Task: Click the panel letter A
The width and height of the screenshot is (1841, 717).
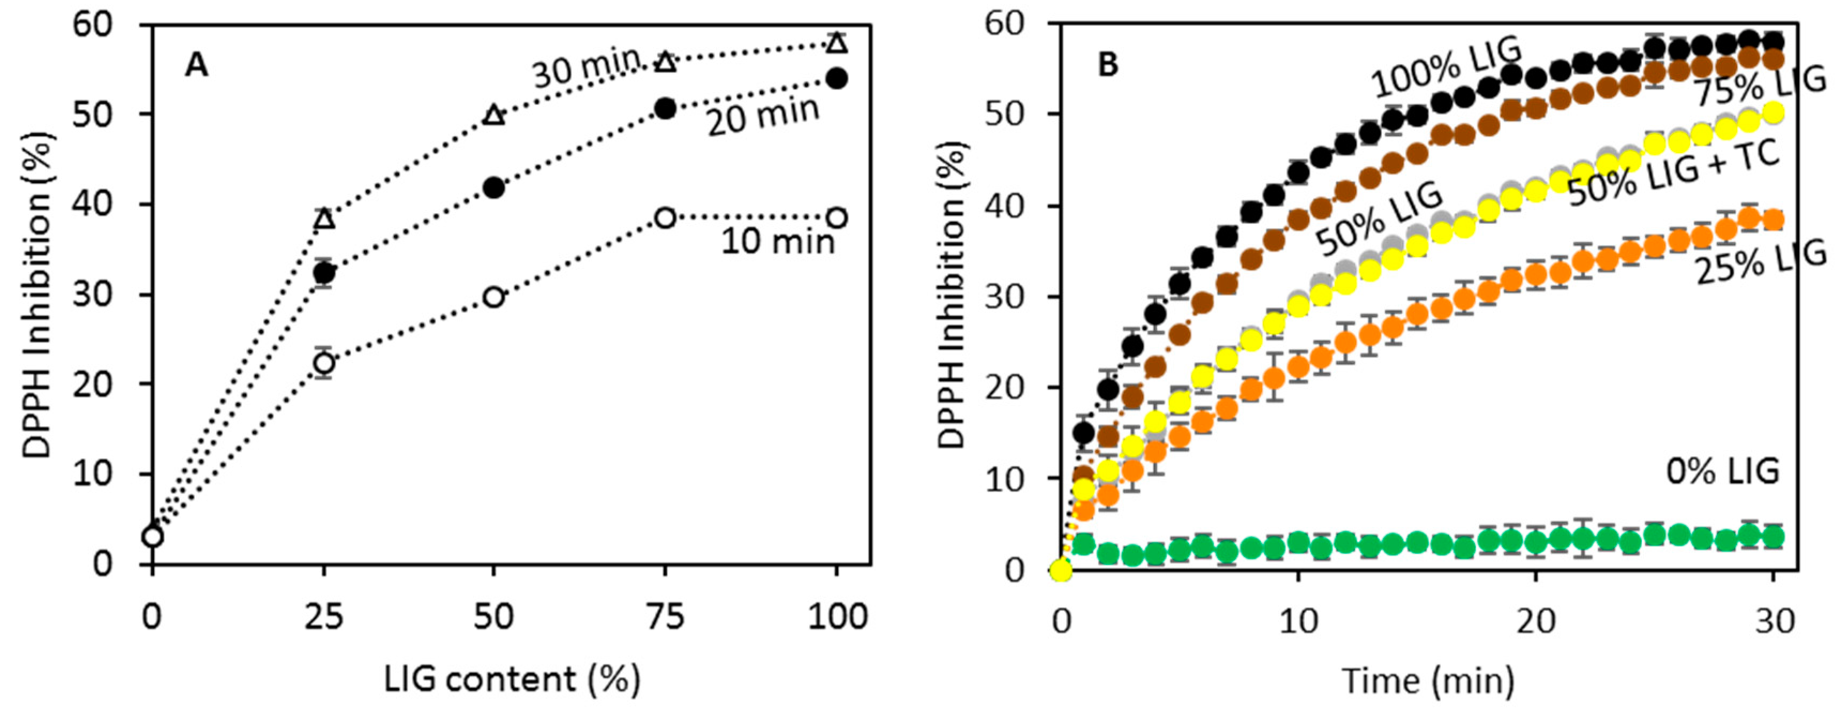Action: (x=196, y=66)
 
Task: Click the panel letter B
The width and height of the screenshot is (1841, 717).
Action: (x=1108, y=66)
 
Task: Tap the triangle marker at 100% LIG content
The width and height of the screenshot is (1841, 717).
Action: (x=837, y=43)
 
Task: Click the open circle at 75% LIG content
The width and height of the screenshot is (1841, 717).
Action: (x=665, y=217)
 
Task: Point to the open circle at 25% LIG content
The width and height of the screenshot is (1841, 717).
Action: (x=324, y=363)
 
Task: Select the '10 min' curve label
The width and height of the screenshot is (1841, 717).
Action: (x=778, y=241)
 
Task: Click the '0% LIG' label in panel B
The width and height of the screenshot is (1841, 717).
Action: (x=1722, y=472)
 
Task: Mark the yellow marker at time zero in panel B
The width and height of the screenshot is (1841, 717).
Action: (x=1061, y=570)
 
